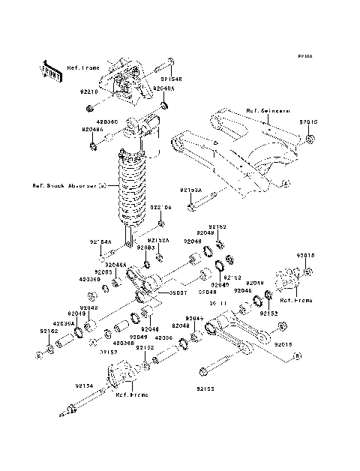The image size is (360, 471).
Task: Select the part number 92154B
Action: tap(171, 76)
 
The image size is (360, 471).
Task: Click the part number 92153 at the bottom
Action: tap(206, 389)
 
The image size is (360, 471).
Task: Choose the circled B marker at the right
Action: tap(297, 358)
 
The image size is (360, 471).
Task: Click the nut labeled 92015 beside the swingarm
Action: tap(311, 139)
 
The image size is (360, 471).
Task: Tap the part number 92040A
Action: tap(163, 88)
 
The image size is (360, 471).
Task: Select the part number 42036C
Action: tap(107, 119)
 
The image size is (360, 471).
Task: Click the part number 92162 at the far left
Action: tap(49, 330)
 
